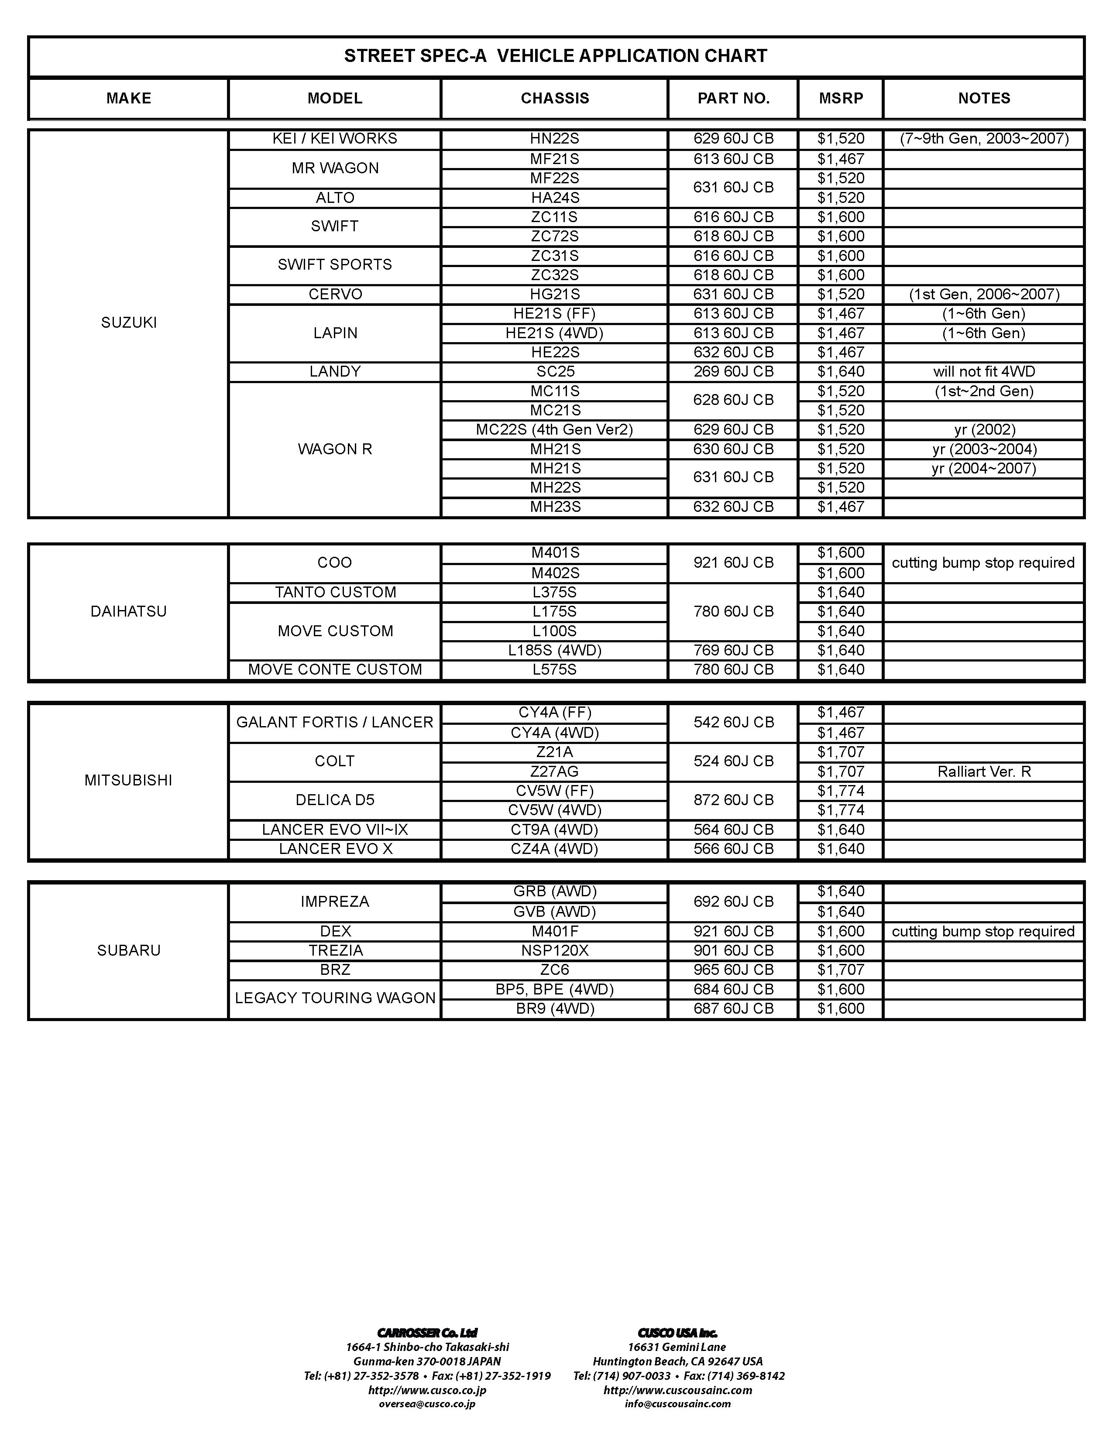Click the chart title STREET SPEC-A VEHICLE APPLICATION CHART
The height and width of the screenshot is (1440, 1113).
point(555,56)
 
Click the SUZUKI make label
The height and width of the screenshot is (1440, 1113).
point(129,322)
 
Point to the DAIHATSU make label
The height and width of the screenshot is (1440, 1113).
point(129,611)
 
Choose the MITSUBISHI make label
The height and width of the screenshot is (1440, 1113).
point(129,781)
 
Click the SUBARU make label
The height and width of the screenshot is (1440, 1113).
point(129,950)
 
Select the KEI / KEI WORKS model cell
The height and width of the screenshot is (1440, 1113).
point(335,139)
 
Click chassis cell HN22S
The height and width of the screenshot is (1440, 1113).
point(554,139)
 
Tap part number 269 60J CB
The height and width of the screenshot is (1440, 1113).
point(733,372)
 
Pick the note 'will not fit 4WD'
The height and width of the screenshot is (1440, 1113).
point(984,372)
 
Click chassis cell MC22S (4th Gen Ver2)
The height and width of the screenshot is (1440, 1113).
point(554,430)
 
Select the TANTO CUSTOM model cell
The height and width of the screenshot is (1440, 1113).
point(335,592)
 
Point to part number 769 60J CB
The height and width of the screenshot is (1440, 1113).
point(733,650)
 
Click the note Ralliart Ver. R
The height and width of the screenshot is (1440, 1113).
point(984,771)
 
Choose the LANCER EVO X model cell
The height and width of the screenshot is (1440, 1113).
point(335,849)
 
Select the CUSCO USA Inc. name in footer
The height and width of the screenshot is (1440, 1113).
point(677,1333)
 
